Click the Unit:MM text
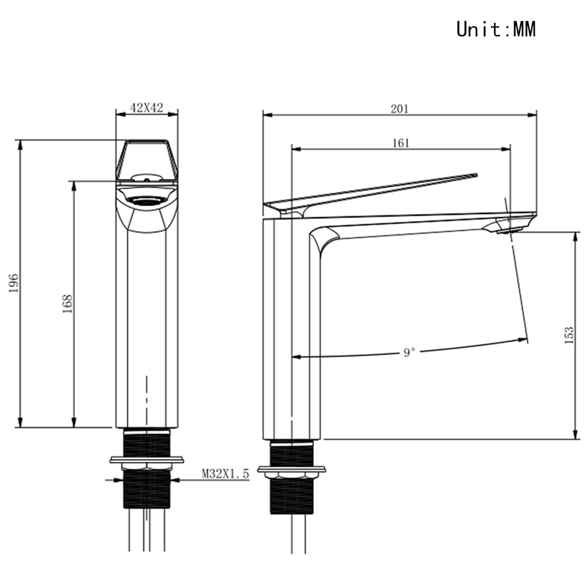[496, 29]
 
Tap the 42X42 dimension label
[147, 108]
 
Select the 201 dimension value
[400, 109]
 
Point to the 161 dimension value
[401, 143]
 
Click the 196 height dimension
[14, 283]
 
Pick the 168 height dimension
[67, 304]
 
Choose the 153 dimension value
[569, 335]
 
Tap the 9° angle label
[409, 352]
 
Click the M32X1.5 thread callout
[225, 473]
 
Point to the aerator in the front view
[146, 201]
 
